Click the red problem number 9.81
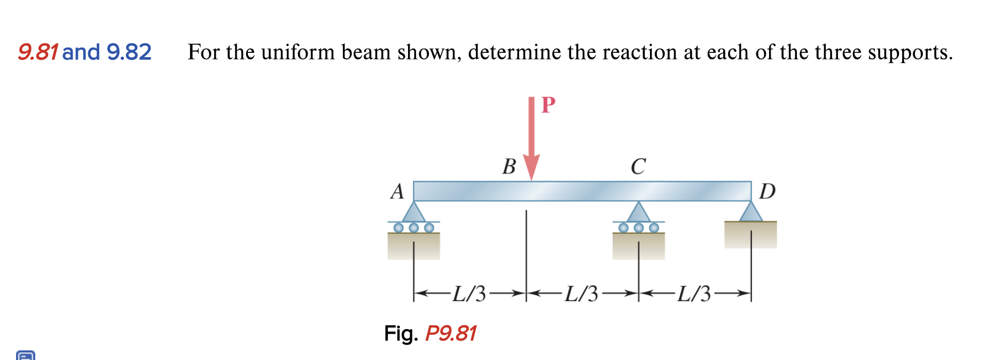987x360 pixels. coord(37,52)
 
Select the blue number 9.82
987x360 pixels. coord(129,52)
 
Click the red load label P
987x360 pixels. coord(548,105)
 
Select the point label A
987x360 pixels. coord(397,191)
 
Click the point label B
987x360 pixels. coord(509,167)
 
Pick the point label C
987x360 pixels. coord(638,167)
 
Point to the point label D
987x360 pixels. coord(767,191)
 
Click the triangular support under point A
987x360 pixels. coord(413,213)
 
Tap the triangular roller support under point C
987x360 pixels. coord(638,213)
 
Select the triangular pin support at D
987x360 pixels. coord(751,212)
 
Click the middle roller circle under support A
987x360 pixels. coord(413,228)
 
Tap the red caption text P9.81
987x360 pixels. coord(450,333)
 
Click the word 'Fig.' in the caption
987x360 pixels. coord(401,333)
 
